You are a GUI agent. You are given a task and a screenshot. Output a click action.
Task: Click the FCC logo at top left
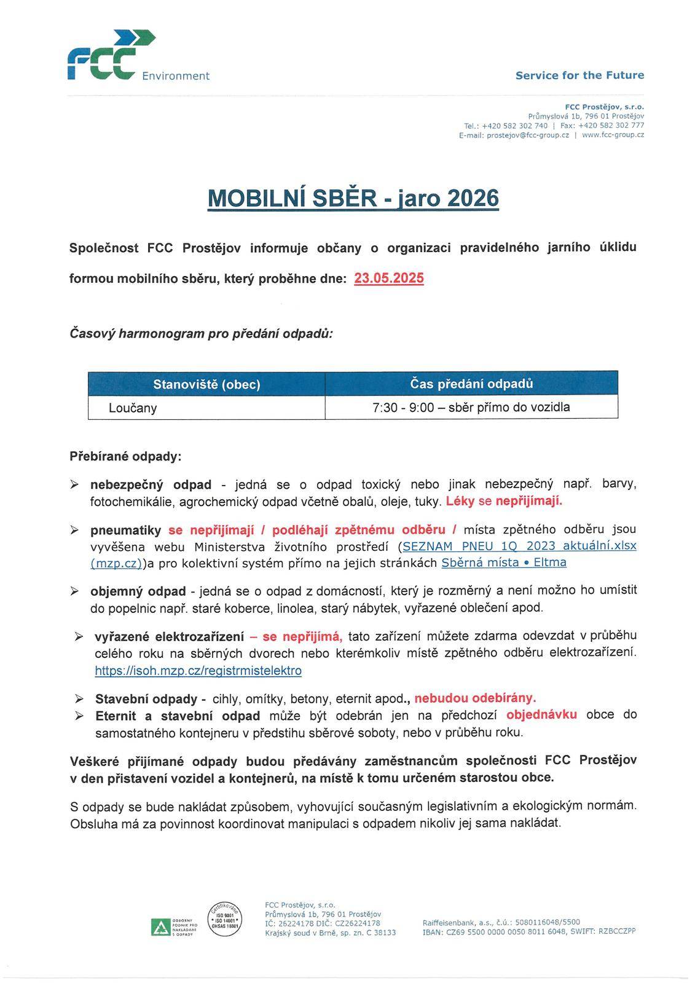(111, 55)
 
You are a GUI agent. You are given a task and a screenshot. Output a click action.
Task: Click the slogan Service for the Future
(579, 76)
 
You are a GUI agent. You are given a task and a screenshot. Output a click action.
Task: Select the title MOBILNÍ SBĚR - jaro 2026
(353, 199)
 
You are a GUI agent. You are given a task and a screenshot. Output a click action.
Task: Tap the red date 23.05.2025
(389, 278)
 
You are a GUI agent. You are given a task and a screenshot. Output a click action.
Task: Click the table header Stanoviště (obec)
(206, 385)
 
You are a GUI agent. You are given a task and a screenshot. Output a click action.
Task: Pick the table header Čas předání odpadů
(471, 384)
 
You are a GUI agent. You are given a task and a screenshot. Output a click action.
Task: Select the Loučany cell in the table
(133, 408)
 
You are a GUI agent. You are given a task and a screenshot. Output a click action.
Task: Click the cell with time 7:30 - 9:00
(471, 407)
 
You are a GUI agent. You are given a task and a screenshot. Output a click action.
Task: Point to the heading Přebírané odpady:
(125, 457)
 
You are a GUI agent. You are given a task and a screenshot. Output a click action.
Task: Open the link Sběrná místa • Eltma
(504, 563)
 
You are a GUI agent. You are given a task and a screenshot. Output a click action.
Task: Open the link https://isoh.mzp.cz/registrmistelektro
(198, 671)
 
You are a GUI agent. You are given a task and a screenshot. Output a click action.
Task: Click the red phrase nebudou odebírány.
(475, 698)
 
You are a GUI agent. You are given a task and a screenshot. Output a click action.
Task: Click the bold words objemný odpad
(138, 591)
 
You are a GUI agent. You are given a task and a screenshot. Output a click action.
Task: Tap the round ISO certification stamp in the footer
(224, 920)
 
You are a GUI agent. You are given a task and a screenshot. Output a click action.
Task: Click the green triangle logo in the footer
(160, 926)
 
